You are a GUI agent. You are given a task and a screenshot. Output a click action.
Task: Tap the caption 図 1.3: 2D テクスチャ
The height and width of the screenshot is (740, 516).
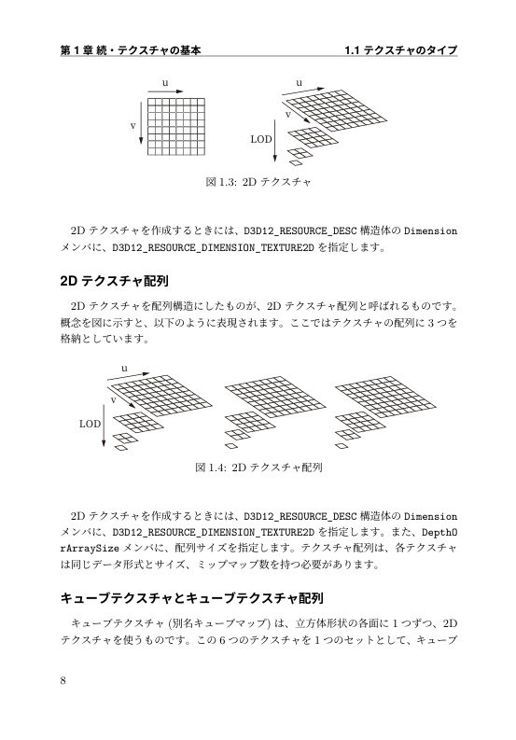pyautogui.click(x=258, y=183)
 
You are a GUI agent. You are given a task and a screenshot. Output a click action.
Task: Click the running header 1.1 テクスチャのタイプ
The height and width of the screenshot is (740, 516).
pyautogui.click(x=400, y=49)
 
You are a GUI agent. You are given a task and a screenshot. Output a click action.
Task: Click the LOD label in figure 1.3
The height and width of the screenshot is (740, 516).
pyautogui.click(x=261, y=138)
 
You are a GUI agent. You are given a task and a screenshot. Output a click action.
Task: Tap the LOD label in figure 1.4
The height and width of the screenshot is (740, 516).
pyautogui.click(x=90, y=423)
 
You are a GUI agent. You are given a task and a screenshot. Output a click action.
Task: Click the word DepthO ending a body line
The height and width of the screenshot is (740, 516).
pyautogui.click(x=438, y=532)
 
